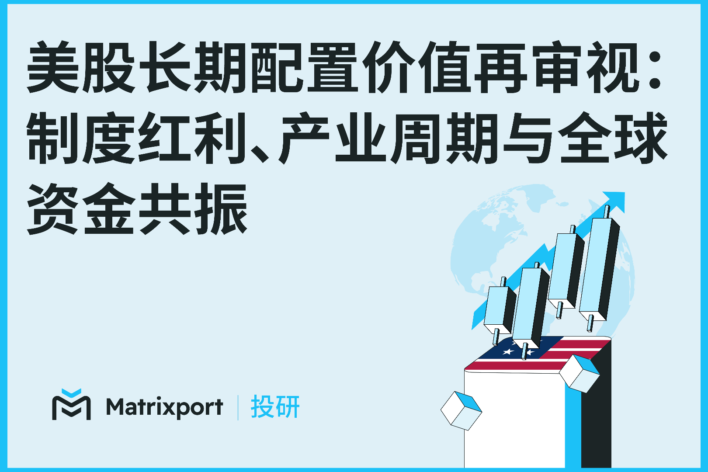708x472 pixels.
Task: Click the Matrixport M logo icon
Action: pos(71,405)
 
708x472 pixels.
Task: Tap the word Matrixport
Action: pos(164,407)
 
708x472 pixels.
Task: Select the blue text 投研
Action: pos(275,407)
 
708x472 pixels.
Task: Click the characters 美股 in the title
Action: pos(81,68)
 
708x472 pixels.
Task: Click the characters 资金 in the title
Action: pos(81,208)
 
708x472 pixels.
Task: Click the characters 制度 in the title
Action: pos(81,138)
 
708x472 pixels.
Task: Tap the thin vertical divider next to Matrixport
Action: pos(238,407)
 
